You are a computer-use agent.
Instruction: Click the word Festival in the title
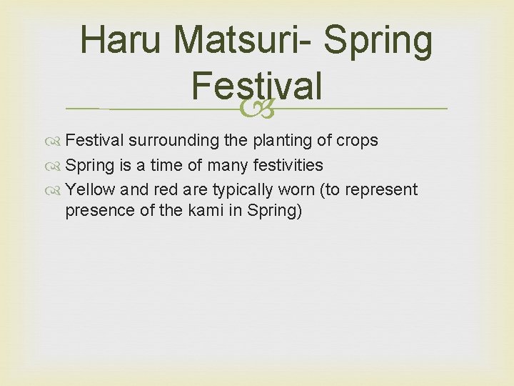coord(256,86)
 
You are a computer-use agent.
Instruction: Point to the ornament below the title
coord(257,108)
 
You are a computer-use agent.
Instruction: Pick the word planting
coord(280,140)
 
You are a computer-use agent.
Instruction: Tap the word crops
coord(357,140)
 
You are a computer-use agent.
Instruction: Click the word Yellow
coord(91,189)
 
